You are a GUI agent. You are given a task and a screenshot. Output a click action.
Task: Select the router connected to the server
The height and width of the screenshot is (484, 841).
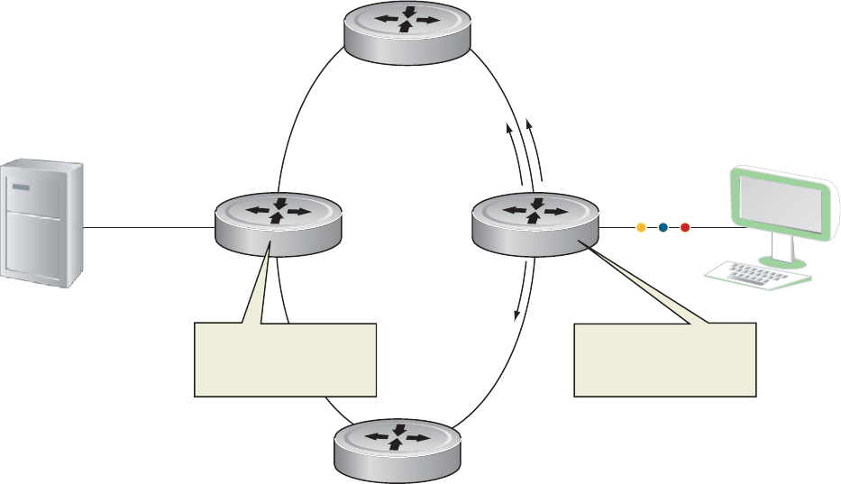[278, 222]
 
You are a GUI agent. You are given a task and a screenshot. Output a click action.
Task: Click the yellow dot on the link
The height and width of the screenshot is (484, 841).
[641, 228]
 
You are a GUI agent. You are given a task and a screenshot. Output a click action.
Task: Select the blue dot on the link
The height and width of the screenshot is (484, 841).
[663, 228]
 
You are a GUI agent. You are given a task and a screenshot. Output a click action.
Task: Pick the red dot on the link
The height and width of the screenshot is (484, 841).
[684, 228]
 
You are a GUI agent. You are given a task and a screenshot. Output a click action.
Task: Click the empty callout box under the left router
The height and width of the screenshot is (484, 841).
[285, 359]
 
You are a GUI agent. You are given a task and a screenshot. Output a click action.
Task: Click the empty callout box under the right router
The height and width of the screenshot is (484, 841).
[666, 359]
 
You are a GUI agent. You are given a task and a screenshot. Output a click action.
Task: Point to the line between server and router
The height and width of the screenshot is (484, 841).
[149, 228]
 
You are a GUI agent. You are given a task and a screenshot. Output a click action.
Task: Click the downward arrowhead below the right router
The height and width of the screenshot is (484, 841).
[516, 315]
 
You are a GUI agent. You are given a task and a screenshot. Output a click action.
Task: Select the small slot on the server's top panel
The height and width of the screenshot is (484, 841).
[22, 187]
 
